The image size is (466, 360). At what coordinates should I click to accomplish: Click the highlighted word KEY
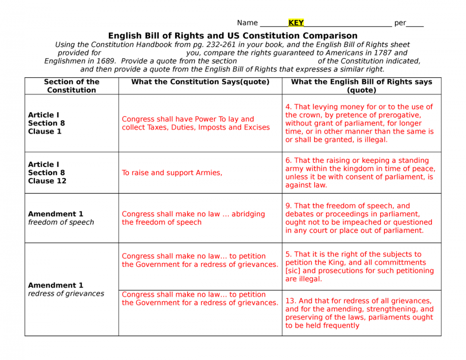click(296, 23)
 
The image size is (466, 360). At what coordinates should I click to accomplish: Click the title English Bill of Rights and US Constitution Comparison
click(233, 36)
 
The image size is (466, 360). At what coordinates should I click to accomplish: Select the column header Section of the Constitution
click(72, 86)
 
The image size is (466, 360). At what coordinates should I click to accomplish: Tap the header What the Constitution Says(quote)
click(200, 82)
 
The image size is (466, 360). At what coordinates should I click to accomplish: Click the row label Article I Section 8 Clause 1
click(47, 123)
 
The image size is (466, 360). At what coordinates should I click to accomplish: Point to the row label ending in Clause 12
click(47, 173)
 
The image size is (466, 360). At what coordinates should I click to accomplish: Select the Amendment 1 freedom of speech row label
click(61, 218)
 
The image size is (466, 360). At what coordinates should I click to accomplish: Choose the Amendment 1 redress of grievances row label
click(66, 289)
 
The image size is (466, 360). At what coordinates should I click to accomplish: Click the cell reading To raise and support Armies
click(172, 173)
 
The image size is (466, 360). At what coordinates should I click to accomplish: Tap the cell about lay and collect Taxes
click(195, 123)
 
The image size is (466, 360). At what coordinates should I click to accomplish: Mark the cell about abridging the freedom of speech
click(193, 218)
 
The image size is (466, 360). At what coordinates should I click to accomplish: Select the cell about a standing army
click(360, 173)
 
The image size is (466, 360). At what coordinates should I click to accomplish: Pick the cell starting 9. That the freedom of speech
click(359, 218)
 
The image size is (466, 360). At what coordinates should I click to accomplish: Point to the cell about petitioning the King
click(359, 266)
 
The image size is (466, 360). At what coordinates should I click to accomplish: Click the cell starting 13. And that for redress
click(359, 313)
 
